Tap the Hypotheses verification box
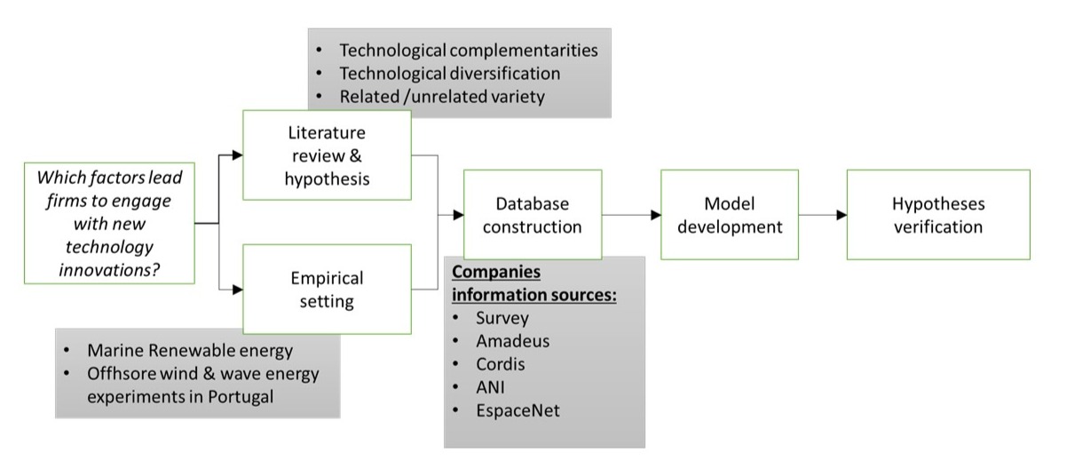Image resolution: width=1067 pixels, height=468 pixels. coord(938,215)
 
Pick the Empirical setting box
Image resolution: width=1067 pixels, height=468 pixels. coord(328,290)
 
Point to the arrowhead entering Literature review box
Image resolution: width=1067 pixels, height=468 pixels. coord(237,155)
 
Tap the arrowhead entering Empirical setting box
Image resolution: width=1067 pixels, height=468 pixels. coord(237,289)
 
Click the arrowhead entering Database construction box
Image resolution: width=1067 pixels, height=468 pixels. coord(458,215)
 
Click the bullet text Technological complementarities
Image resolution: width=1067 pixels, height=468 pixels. coord(468,50)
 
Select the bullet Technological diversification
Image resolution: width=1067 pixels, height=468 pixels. coord(450,73)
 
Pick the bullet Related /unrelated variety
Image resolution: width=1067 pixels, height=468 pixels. coord(441,96)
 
